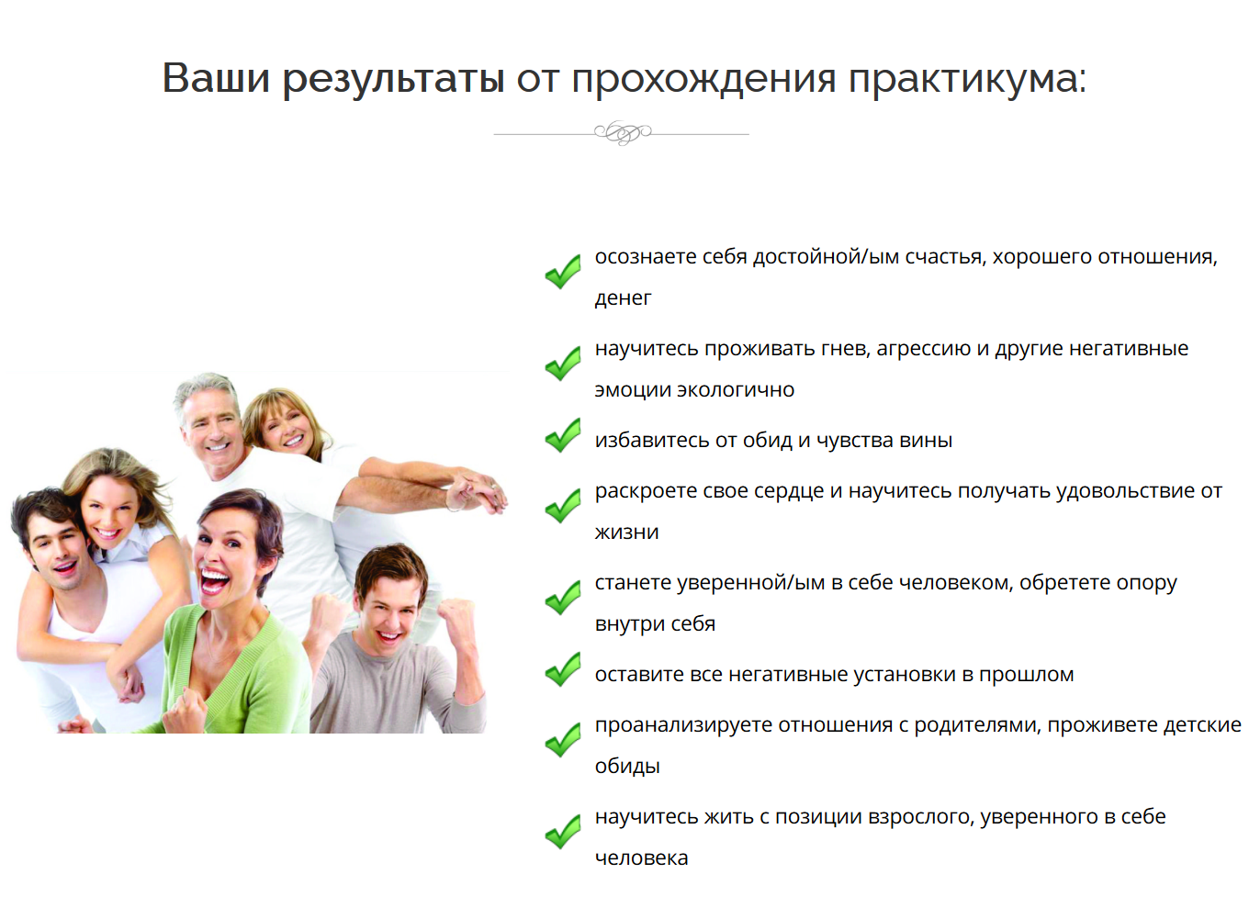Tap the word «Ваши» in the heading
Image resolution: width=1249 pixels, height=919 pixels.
[216, 77]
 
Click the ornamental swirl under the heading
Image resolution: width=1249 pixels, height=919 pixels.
[623, 132]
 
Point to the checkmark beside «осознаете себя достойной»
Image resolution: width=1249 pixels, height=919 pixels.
[563, 272]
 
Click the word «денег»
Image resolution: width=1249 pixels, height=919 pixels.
[623, 298]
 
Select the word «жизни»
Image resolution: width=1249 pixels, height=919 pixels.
[626, 532]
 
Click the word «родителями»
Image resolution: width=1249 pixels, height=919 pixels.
[977, 725]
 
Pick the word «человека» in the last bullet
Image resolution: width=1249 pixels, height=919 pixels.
[641, 858]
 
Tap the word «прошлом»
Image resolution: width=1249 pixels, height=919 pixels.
[1026, 675]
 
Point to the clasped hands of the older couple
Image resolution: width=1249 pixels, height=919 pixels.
[475, 491]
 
